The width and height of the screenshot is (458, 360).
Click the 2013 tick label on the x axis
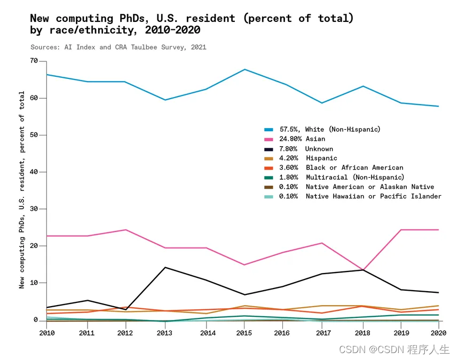click(x=165, y=333)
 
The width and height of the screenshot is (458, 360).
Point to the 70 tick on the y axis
click(x=34, y=61)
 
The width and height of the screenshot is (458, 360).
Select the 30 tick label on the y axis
click(x=34, y=209)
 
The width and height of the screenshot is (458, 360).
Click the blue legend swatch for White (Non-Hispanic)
click(x=269, y=130)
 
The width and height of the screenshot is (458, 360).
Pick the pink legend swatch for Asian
click(x=269, y=139)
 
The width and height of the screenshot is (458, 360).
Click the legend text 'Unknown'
click(x=319, y=149)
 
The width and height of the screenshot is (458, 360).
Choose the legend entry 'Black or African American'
click(x=354, y=167)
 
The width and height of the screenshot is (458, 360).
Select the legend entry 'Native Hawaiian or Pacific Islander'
click(x=374, y=196)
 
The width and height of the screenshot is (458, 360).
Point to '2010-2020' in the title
click(x=172, y=30)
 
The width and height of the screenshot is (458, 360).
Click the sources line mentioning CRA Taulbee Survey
click(x=118, y=47)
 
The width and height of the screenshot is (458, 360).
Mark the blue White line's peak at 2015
click(x=243, y=69)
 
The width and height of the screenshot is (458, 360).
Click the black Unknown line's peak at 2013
click(x=165, y=267)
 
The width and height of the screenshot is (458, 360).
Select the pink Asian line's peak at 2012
click(x=126, y=230)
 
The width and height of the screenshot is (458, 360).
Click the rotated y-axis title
click(x=22, y=189)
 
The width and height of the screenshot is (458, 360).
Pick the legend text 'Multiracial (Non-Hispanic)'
click(x=355, y=177)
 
